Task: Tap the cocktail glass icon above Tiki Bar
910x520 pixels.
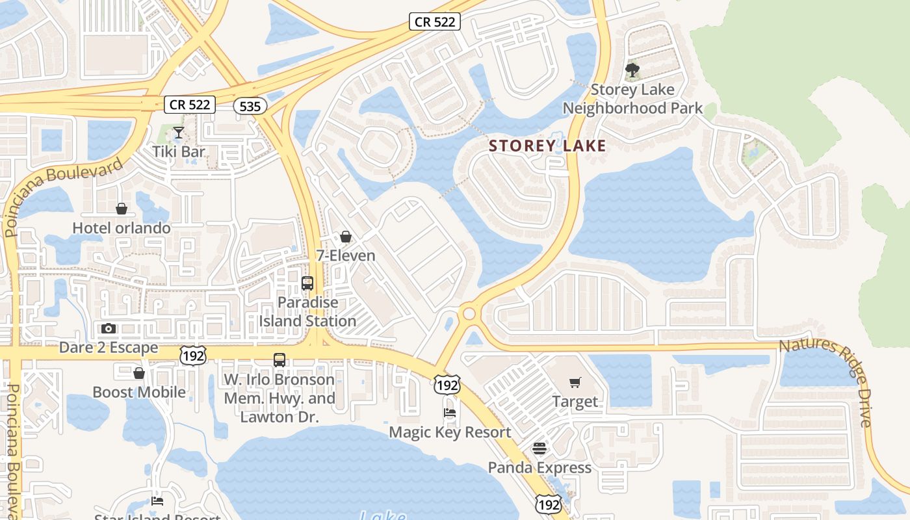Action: point(178,133)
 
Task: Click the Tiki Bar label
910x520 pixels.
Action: point(179,152)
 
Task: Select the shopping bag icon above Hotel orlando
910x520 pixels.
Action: point(122,209)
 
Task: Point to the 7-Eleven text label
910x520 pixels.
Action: point(346,255)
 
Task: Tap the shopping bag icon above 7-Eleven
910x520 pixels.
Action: point(346,237)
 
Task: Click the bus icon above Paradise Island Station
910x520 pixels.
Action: point(307,283)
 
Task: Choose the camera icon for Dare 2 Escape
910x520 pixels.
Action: point(109,328)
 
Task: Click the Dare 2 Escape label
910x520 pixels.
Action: point(109,348)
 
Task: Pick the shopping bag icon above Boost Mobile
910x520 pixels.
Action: point(138,373)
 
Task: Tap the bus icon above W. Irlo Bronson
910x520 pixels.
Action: point(279,360)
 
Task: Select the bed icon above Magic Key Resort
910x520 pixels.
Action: point(449,412)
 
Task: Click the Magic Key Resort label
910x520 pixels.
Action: point(450,432)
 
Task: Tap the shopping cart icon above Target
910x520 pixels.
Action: point(575,382)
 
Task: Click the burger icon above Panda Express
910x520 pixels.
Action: point(539,448)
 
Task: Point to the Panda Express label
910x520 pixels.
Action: point(539,467)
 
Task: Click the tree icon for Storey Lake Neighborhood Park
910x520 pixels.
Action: point(632,70)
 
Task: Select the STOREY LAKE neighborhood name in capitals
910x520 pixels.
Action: point(547,146)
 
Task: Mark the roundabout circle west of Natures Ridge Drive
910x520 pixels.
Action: point(469,314)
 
